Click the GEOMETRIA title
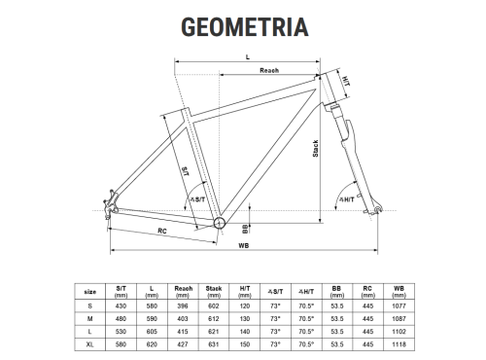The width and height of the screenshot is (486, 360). pos(245,27)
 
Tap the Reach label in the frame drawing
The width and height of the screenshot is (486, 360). pos(269,70)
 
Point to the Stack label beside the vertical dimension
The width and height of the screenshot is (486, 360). pos(315,149)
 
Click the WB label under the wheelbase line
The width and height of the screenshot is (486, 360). pos(244,246)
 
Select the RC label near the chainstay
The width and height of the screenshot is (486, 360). pos(162,231)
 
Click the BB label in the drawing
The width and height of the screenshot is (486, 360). pos(245,229)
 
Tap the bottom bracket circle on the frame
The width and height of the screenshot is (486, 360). pos(220,223)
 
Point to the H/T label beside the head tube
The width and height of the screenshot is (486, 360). pos(346,81)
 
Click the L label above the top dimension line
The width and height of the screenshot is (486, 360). pos(248,57)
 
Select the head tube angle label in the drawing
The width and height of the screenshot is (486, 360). pos(347,199)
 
